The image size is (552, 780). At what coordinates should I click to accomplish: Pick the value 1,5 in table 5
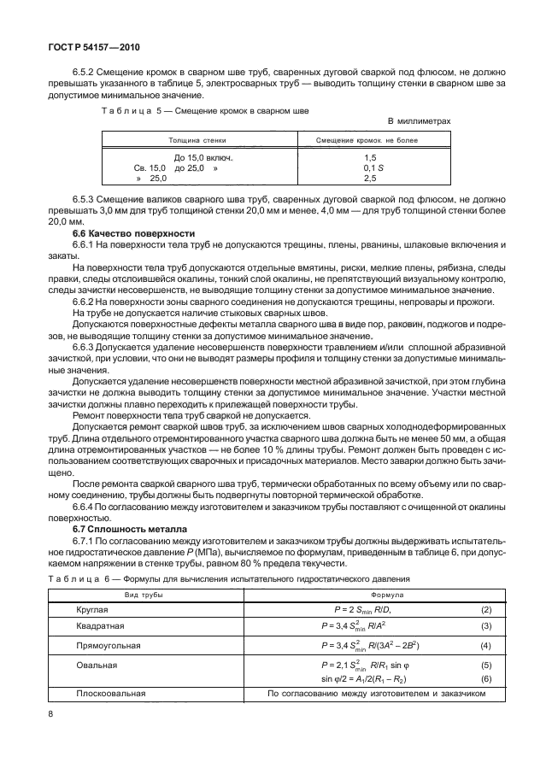tap(370, 158)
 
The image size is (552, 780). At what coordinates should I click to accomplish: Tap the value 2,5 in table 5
tap(370, 179)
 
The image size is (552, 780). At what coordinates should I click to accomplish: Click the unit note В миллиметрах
tap(419, 121)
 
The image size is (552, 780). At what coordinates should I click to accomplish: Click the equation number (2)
tap(486, 609)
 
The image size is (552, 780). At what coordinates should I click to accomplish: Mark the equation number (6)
tap(486, 678)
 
